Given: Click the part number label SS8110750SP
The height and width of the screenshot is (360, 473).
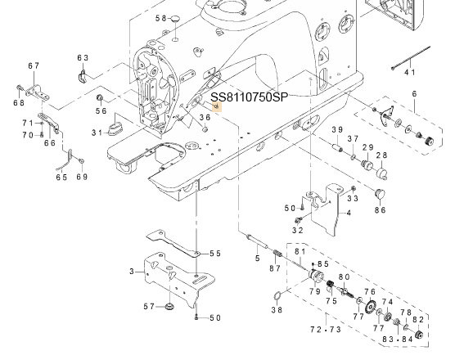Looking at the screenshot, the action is click(249, 97).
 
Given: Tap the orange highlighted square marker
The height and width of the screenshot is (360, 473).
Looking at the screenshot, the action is click(217, 106).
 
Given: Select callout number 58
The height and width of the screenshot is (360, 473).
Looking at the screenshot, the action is click(160, 18).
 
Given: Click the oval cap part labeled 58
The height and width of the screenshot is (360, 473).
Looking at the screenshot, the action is click(175, 19).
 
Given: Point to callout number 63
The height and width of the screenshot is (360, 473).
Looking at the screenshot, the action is click(83, 57).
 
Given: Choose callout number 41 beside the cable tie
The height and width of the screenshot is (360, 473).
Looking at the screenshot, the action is click(410, 72).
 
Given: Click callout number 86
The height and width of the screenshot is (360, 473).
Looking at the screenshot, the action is click(381, 209).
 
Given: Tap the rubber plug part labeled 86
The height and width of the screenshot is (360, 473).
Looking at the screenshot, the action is click(380, 193).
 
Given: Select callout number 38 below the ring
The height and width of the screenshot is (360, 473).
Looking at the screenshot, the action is click(277, 309).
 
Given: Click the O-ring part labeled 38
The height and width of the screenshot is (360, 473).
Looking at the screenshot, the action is click(277, 296).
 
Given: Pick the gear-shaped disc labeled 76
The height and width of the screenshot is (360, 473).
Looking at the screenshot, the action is click(370, 308).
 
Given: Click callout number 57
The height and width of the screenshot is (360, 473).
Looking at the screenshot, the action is click(149, 307).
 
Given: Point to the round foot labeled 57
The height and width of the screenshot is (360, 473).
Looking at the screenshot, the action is click(169, 308).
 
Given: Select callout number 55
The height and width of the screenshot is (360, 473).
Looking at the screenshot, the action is click(215, 254).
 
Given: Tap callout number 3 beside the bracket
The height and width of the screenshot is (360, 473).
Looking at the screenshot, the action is click(132, 272).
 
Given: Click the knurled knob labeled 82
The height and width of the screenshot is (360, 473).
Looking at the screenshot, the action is click(419, 335).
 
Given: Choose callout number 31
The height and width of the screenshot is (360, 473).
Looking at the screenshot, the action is click(97, 133).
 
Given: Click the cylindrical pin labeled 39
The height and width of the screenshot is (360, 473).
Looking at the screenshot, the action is click(337, 148).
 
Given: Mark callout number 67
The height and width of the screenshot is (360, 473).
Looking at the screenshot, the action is click(34, 65).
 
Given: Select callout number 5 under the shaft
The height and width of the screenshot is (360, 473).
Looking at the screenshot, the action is click(257, 259).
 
